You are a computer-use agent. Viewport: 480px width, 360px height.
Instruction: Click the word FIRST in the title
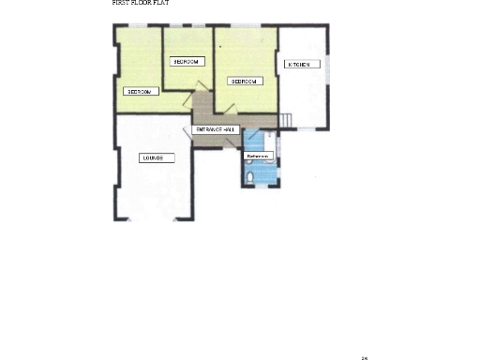pos(119,3)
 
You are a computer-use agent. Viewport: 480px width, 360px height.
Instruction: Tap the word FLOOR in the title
pos(140,3)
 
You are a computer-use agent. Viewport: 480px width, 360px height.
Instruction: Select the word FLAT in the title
pos(160,3)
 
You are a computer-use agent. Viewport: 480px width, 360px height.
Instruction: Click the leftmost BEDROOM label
pos(141,92)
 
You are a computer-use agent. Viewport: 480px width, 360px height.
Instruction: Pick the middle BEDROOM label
pos(187,62)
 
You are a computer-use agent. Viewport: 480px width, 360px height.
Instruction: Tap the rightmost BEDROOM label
pos(246,82)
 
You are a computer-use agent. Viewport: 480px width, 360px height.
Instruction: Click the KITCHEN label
pos(303,65)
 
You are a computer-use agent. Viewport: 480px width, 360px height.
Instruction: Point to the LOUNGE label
pos(153,157)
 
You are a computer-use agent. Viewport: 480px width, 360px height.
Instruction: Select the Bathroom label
pos(258,157)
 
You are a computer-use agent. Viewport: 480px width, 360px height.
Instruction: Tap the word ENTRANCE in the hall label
pos(208,128)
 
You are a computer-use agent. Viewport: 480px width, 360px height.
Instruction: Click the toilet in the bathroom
pos(250,176)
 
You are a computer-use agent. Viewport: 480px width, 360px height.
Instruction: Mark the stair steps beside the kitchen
pos(287,120)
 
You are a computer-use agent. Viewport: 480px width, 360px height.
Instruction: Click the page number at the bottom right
pos(364,356)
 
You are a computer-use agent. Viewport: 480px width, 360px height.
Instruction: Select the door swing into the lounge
pos(187,132)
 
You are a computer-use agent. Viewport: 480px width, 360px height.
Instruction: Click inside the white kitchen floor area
pos(304,94)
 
